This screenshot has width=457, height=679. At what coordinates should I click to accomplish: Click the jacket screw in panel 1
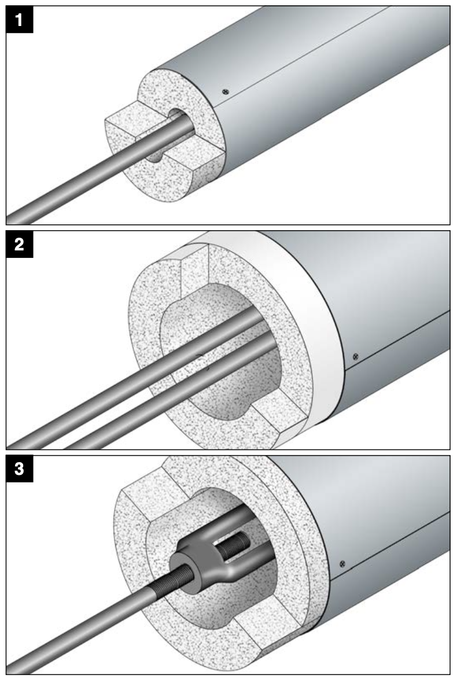226,91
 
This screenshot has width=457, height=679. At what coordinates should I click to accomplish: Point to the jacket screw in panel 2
355,355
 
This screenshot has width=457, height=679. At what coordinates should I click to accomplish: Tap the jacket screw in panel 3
343,563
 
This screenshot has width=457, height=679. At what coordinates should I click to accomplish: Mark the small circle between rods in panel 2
201,361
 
